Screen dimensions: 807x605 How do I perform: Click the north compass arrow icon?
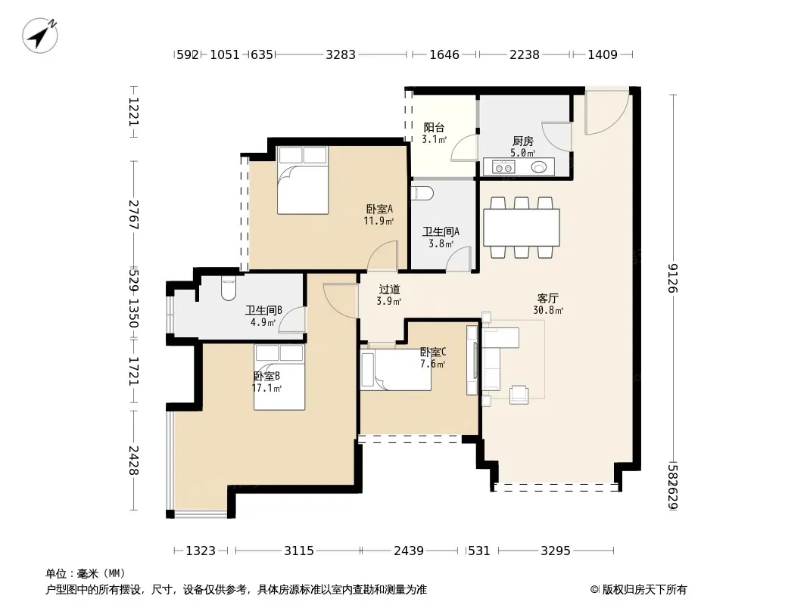[40, 35]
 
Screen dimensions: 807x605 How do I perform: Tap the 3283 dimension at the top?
[340, 54]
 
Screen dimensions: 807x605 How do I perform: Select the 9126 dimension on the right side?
[673, 278]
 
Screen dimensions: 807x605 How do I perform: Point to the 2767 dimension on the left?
[134, 214]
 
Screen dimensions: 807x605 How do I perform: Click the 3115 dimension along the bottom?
[299, 551]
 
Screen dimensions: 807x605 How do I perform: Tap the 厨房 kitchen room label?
[523, 141]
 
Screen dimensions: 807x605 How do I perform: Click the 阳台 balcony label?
[434, 128]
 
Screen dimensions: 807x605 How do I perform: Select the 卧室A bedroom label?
[380, 209]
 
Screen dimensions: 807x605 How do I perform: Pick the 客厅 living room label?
[548, 298]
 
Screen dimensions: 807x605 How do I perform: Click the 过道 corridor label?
[389, 290]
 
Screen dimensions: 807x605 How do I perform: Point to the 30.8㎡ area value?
[548, 310]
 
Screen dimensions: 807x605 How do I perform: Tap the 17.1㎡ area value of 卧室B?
[266, 388]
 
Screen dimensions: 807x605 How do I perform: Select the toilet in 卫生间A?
[422, 193]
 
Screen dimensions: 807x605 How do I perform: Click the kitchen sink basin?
[539, 167]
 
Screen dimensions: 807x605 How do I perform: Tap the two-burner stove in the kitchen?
[503, 167]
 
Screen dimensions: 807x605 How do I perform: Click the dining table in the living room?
[522, 227]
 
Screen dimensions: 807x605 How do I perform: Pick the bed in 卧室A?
[303, 180]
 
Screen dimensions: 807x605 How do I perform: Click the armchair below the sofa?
[519, 394]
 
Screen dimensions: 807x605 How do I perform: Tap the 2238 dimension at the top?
[525, 54]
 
